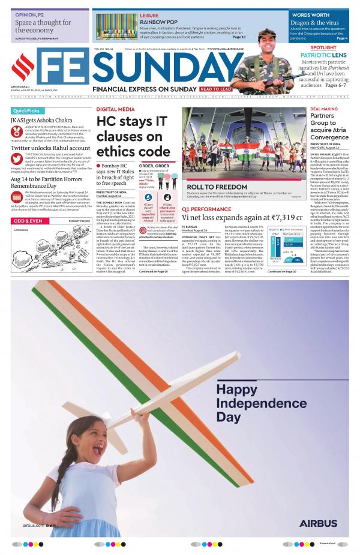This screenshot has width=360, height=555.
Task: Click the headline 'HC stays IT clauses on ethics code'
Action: point(134,137)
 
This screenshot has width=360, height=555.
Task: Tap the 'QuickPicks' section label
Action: point(26,111)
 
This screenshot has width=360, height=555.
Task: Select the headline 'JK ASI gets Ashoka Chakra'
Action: point(41,120)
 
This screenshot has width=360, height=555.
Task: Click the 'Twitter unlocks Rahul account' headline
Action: point(50,148)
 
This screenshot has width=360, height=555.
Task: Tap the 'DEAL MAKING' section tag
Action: point(323,109)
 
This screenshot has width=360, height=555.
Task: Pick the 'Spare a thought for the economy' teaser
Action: point(43,26)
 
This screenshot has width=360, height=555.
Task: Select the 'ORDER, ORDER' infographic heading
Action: point(154,166)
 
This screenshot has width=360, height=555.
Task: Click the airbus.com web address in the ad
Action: point(34,525)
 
